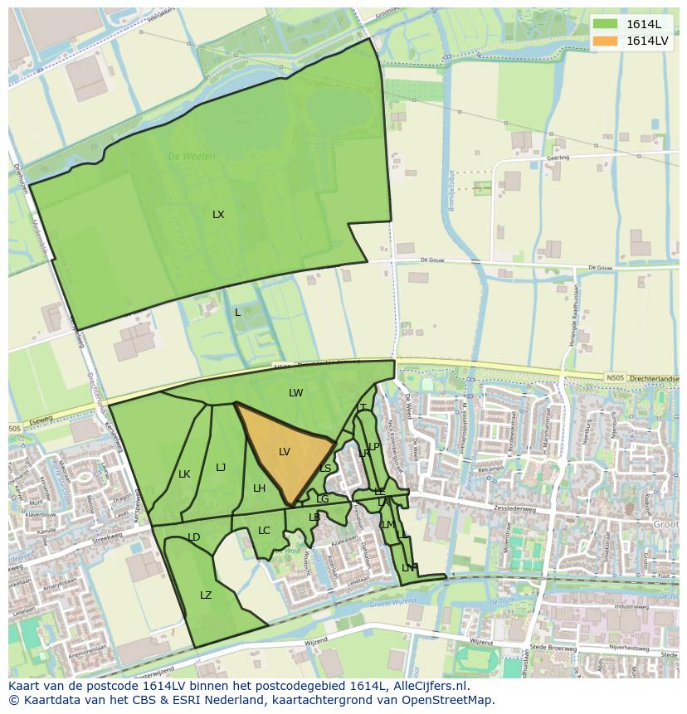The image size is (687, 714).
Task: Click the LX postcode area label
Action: pos(218,215)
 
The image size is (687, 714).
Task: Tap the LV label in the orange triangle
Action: pos(285,452)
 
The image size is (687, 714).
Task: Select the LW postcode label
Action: pos(296,393)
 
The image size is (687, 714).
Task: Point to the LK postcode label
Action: pos(184,474)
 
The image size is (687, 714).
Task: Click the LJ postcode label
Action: pos(221,468)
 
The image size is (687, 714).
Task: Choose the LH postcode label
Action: pos(259,488)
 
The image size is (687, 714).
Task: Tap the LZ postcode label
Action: pos(206,595)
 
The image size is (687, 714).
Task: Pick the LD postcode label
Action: pos(194,537)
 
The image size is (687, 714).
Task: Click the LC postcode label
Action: pos(264,531)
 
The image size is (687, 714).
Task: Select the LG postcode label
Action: pos(322,499)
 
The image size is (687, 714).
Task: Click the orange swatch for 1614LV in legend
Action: pos(605,41)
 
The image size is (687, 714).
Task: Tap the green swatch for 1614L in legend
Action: pos(605,24)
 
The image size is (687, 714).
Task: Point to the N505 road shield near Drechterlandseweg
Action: pos(615,378)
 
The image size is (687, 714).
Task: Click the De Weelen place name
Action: pos(192,156)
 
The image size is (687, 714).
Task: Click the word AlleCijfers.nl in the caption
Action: pos(428,687)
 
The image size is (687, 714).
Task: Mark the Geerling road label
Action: pos(558,157)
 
